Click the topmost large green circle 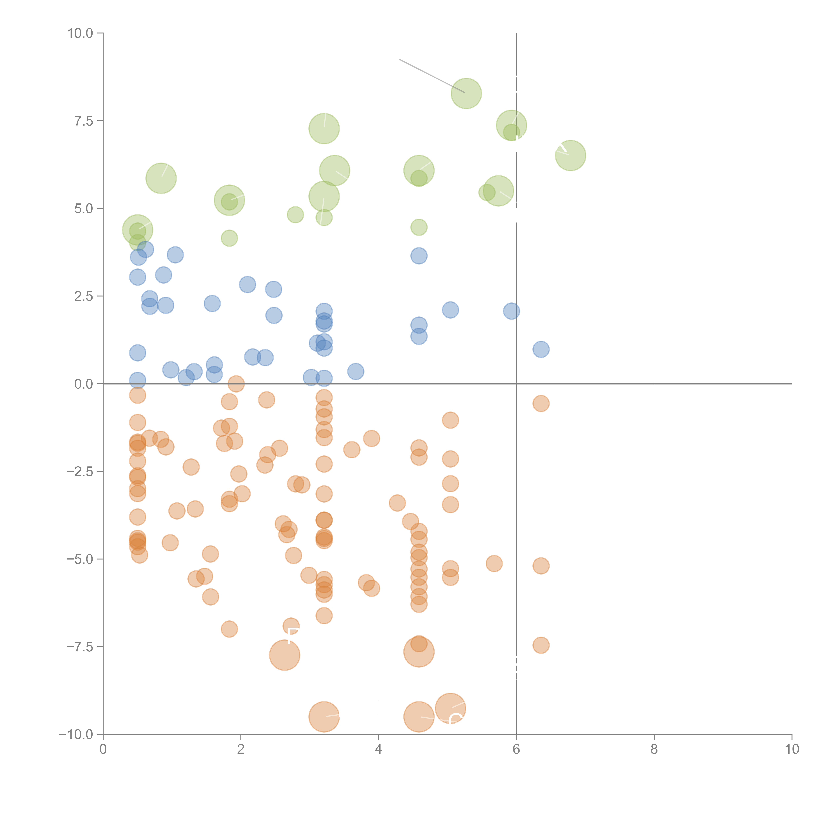[x=466, y=94]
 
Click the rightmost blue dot [x=541, y=349]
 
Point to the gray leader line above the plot [x=431, y=76]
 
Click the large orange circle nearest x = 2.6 [x=285, y=655]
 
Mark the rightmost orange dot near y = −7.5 [x=541, y=645]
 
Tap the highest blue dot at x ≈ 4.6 [x=419, y=256]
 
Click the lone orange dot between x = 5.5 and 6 [x=494, y=564]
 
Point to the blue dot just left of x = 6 [x=511, y=311]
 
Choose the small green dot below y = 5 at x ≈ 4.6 [x=419, y=227]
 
